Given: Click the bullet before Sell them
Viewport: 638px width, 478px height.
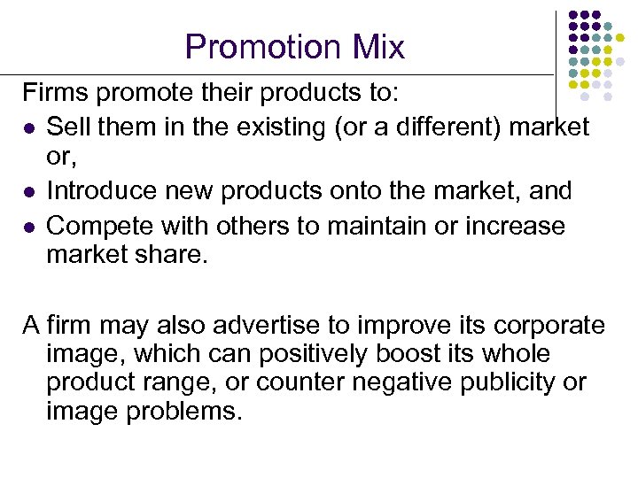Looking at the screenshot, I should [x=28, y=128].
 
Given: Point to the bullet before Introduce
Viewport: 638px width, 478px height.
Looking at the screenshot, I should [x=28, y=191].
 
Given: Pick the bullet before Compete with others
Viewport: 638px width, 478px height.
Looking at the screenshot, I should [x=28, y=227].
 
